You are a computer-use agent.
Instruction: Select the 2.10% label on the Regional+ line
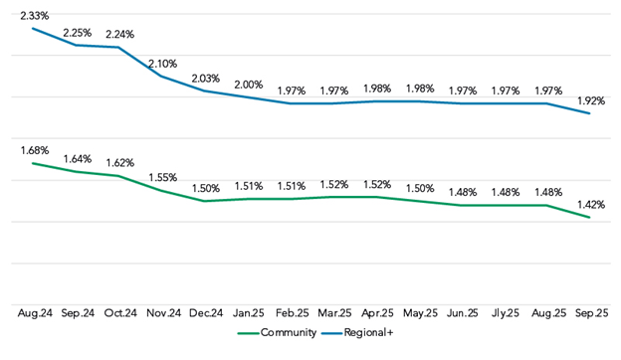[163, 64]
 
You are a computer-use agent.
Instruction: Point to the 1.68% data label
[34, 150]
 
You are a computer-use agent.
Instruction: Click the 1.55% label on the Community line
[163, 177]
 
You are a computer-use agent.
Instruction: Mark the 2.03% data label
[206, 79]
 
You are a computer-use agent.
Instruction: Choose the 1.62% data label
[120, 162]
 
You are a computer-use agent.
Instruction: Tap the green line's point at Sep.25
[589, 217]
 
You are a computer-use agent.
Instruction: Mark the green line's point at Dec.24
[206, 201]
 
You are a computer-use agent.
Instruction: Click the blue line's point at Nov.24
[163, 77]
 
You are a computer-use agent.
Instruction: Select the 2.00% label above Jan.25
[249, 85]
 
